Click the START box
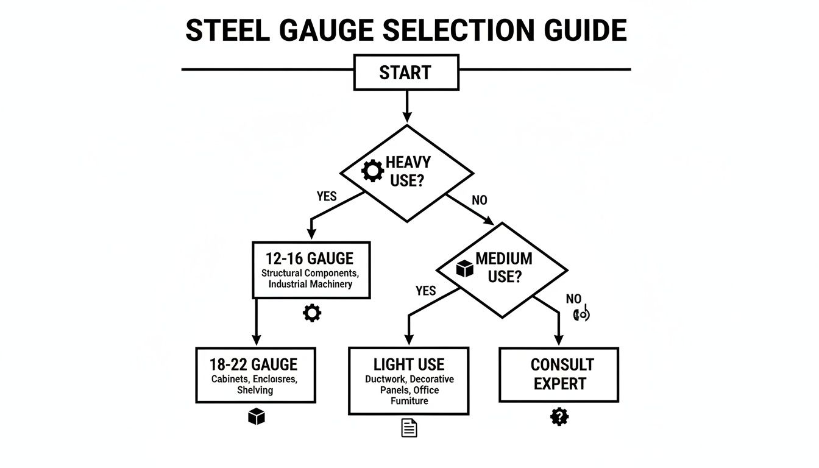[x=405, y=73]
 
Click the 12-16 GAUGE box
[x=311, y=269]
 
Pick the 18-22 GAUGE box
[x=255, y=375]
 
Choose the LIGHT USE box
[x=408, y=381]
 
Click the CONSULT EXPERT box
[x=559, y=374]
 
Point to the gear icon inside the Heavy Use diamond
[x=372, y=171]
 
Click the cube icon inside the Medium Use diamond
[x=464, y=268]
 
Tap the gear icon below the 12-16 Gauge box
[x=311, y=313]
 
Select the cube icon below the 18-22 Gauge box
[x=257, y=417]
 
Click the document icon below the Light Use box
[x=409, y=428]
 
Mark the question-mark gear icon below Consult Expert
[x=559, y=417]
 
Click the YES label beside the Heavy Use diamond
[x=327, y=197]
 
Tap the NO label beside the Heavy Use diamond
[x=480, y=200]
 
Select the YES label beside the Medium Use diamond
[x=425, y=291]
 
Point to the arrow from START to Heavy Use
[x=406, y=107]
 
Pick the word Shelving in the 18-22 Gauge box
[x=255, y=390]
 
